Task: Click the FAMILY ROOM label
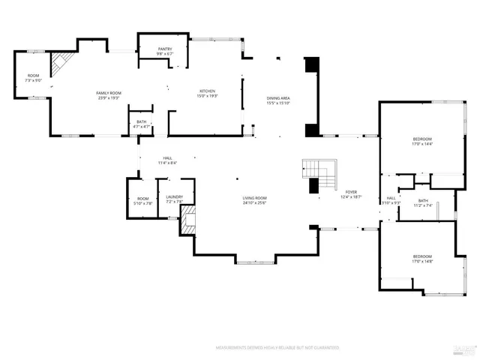[x=109, y=93]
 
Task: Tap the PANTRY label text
[x=165, y=49]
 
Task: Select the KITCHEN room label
[x=207, y=91]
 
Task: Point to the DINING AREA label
[x=279, y=98]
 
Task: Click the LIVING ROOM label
[x=255, y=198]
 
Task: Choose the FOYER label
[x=351, y=192]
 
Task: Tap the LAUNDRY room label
[x=175, y=198]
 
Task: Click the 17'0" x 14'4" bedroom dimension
[x=422, y=144]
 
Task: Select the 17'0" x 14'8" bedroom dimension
[x=422, y=261]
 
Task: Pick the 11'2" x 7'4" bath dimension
[x=423, y=205]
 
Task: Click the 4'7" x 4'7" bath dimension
[x=142, y=127]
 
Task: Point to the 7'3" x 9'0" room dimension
[x=33, y=80]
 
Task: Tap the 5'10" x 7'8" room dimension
[x=142, y=203]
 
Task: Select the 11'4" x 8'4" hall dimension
[x=167, y=163]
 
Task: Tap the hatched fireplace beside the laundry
[x=188, y=220]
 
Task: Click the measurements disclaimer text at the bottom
[x=277, y=348]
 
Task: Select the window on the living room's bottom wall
[x=256, y=261]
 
